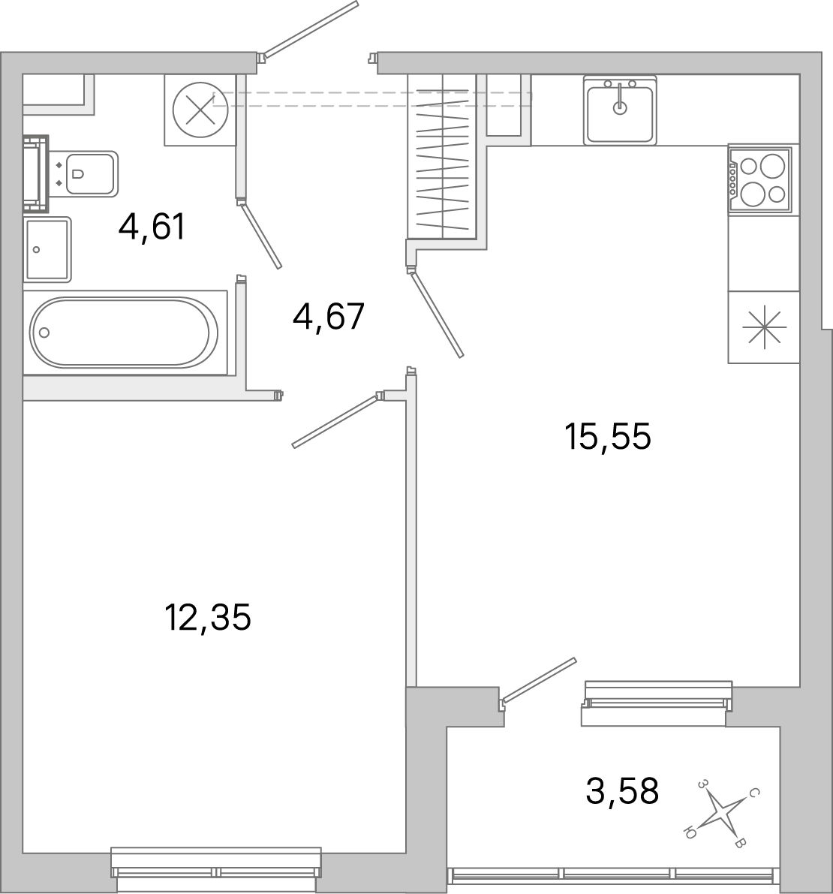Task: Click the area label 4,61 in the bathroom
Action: tap(151, 227)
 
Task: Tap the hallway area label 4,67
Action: tap(328, 317)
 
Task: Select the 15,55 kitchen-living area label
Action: tap(608, 436)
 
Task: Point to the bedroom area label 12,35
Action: tap(207, 618)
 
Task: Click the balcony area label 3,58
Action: tap(622, 790)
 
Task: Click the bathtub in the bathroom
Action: tap(125, 332)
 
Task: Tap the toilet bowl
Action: tap(89, 174)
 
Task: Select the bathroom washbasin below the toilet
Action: tap(47, 249)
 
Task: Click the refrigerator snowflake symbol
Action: tap(763, 328)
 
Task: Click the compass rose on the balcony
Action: tap(720, 812)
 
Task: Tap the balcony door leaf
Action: tap(540, 680)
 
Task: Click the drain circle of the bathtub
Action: tap(44, 333)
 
